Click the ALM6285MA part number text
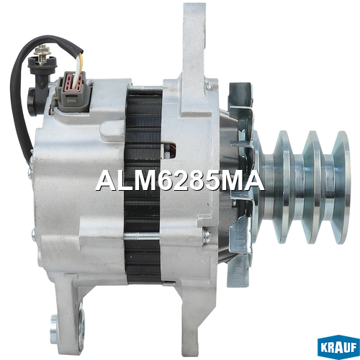tap(180, 181)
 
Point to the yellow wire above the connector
tap(81, 63)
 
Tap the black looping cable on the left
tap(18, 96)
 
